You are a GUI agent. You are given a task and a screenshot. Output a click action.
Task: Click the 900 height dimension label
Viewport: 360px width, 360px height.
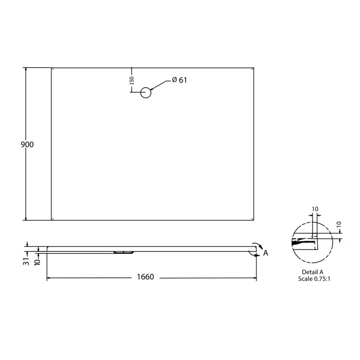point(27,145)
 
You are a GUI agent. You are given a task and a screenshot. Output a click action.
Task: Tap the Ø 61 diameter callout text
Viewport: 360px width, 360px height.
point(179,80)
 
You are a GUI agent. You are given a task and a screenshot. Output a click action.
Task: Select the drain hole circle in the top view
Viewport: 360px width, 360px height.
point(146,92)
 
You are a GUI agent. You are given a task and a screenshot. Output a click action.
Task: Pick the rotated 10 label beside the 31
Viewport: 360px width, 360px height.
point(37,261)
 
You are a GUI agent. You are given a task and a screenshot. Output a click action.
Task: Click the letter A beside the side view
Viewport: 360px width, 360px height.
point(266,253)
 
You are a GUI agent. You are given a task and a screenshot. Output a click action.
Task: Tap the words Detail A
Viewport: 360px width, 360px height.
point(313,272)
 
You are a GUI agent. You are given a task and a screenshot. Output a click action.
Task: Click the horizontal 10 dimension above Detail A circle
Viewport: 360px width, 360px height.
point(314,209)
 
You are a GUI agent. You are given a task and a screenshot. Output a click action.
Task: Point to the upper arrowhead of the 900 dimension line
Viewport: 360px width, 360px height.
point(26,70)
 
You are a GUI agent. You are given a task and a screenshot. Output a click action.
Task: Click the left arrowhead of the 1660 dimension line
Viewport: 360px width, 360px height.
point(49,278)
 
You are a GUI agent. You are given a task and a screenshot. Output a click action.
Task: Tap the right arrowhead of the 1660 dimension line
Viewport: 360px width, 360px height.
point(254,278)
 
